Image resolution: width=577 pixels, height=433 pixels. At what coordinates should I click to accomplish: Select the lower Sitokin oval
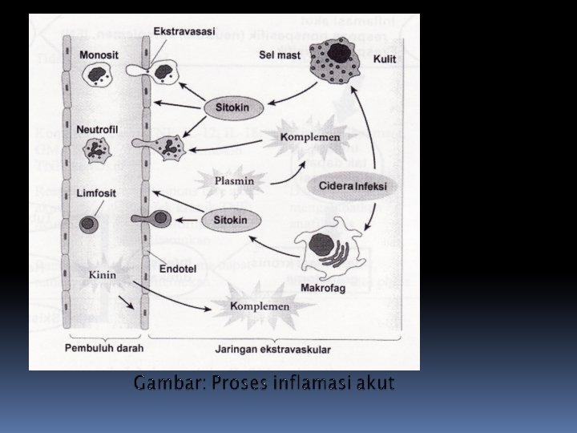[x=232, y=218]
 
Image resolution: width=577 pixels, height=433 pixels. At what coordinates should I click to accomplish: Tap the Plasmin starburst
[x=234, y=180]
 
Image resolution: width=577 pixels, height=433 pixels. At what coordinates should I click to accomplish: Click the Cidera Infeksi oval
[x=353, y=186]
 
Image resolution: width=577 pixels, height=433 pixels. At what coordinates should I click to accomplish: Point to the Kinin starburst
[x=103, y=275]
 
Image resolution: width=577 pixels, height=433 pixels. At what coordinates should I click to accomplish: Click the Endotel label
[x=176, y=269]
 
